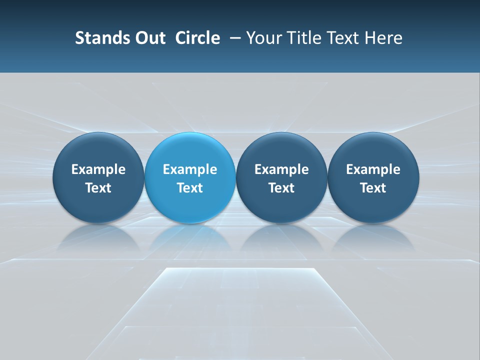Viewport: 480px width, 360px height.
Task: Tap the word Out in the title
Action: [148, 38]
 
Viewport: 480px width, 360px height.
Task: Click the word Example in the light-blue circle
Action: [190, 169]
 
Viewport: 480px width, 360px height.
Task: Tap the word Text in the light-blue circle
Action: [190, 188]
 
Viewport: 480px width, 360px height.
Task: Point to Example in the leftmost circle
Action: [98, 169]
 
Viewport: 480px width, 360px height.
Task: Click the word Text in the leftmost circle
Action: [98, 188]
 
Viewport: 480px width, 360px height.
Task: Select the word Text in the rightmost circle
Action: [373, 188]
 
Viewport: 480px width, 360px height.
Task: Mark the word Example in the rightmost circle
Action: [373, 169]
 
